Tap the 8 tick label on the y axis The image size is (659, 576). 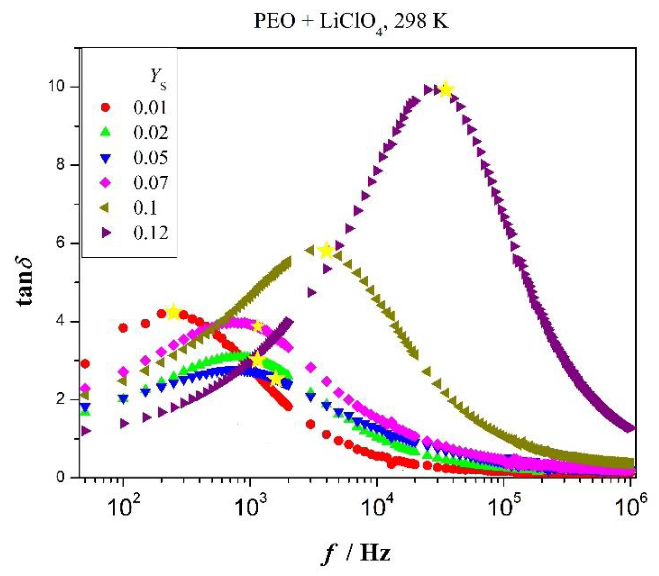[x=60, y=165]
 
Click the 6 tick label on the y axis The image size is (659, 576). [x=60, y=243]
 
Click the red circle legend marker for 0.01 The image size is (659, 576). [x=106, y=107]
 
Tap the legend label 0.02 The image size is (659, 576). [x=150, y=133]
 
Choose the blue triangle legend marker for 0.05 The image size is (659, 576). [x=106, y=158]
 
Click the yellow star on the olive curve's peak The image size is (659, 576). [x=326, y=250]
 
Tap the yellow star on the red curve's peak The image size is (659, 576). [x=174, y=312]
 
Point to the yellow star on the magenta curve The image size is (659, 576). [x=258, y=327]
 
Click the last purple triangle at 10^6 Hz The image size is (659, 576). [x=630, y=429]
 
